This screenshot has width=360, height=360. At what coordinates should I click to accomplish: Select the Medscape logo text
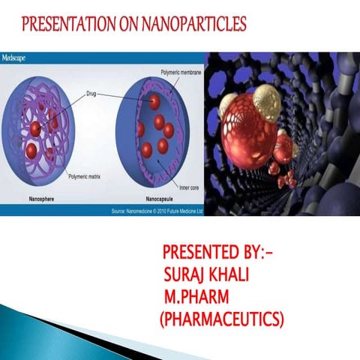(16, 57)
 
